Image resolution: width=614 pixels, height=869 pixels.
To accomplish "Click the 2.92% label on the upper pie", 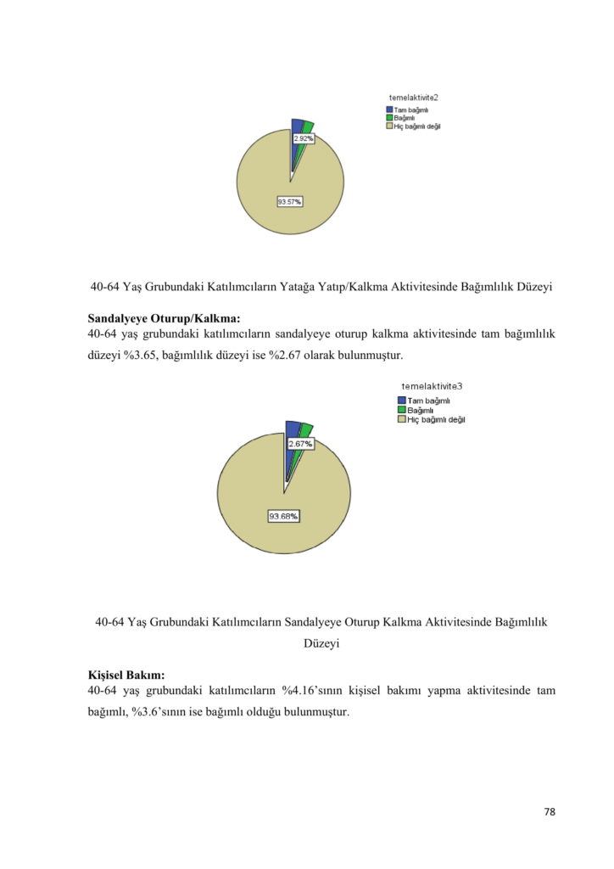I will click(x=303, y=137).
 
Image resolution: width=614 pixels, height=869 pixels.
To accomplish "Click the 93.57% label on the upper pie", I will click(x=290, y=201).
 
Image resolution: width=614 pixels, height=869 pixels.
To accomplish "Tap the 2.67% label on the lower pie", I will click(x=300, y=444).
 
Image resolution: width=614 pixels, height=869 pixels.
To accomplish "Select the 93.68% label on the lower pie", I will click(x=283, y=516).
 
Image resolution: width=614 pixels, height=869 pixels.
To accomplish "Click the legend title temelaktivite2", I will click(x=414, y=98).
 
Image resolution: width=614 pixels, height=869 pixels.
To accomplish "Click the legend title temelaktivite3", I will click(x=432, y=386).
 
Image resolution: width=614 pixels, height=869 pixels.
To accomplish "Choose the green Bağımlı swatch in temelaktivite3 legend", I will click(x=401, y=410).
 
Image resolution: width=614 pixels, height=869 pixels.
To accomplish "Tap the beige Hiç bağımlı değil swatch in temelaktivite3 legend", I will click(x=401, y=419).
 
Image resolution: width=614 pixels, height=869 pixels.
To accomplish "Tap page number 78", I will click(x=550, y=812).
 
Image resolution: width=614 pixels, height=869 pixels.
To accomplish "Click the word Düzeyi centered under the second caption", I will click(x=321, y=644).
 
